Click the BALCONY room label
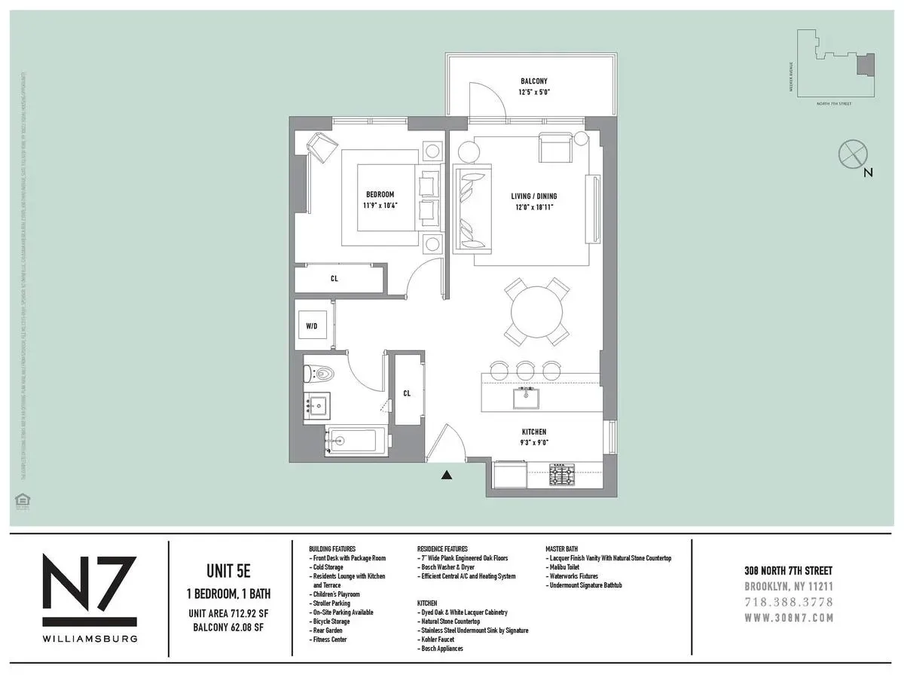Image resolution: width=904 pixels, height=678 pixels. point(533,81)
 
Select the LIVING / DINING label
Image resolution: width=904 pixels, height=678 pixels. point(534,197)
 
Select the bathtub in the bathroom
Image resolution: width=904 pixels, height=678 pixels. point(356,441)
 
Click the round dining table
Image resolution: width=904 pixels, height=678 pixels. point(536,312)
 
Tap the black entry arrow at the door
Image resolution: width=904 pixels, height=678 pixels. point(446,475)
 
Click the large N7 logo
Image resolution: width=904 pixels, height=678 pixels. point(89,590)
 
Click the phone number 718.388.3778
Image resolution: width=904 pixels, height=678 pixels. point(789,603)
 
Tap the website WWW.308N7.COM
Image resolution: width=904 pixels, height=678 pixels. point(789,618)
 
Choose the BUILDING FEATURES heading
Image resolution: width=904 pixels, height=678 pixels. point(332,549)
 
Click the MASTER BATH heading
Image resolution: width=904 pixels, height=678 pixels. point(566,549)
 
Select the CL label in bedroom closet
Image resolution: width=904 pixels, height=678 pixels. point(334,279)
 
